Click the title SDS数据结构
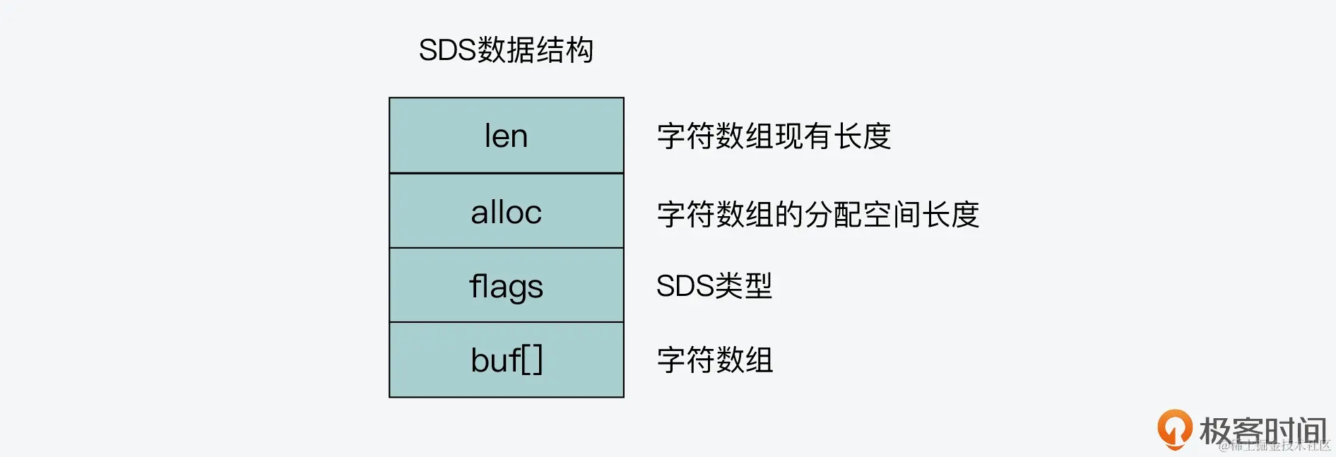click(x=506, y=50)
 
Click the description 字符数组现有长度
click(x=774, y=136)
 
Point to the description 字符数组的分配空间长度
click(x=817, y=214)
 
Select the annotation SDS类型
click(x=714, y=286)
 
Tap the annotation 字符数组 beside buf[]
click(x=715, y=360)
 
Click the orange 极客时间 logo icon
click(x=1174, y=428)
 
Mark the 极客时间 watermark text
click(x=1263, y=430)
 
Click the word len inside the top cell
click(x=506, y=136)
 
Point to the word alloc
click(x=506, y=212)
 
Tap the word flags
click(x=506, y=286)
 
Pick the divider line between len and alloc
click(x=506, y=173)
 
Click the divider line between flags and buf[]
click(x=506, y=322)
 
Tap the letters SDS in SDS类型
click(x=685, y=286)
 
